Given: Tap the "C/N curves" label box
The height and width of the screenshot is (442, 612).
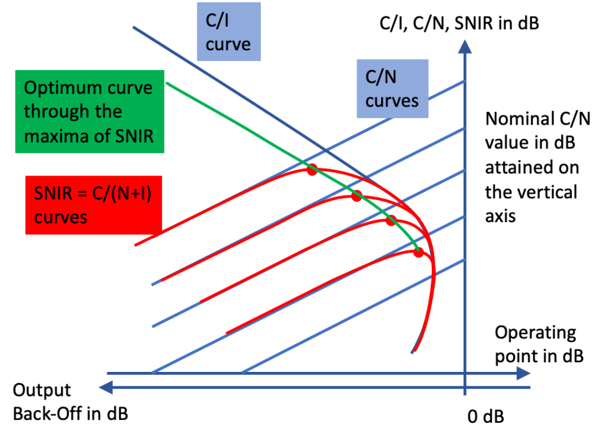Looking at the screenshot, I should click(x=392, y=89).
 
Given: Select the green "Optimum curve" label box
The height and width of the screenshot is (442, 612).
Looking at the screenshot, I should click(x=89, y=112).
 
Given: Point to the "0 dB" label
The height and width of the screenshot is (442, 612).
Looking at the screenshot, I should click(x=485, y=417).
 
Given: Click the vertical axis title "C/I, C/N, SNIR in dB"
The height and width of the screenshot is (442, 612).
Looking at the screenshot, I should click(x=459, y=24).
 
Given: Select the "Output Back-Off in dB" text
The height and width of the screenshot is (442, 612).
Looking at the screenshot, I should click(x=70, y=402).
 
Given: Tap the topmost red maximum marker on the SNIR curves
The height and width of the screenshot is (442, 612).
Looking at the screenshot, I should click(x=310, y=171).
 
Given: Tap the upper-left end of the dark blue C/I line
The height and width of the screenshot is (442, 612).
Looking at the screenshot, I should click(x=133, y=28).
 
